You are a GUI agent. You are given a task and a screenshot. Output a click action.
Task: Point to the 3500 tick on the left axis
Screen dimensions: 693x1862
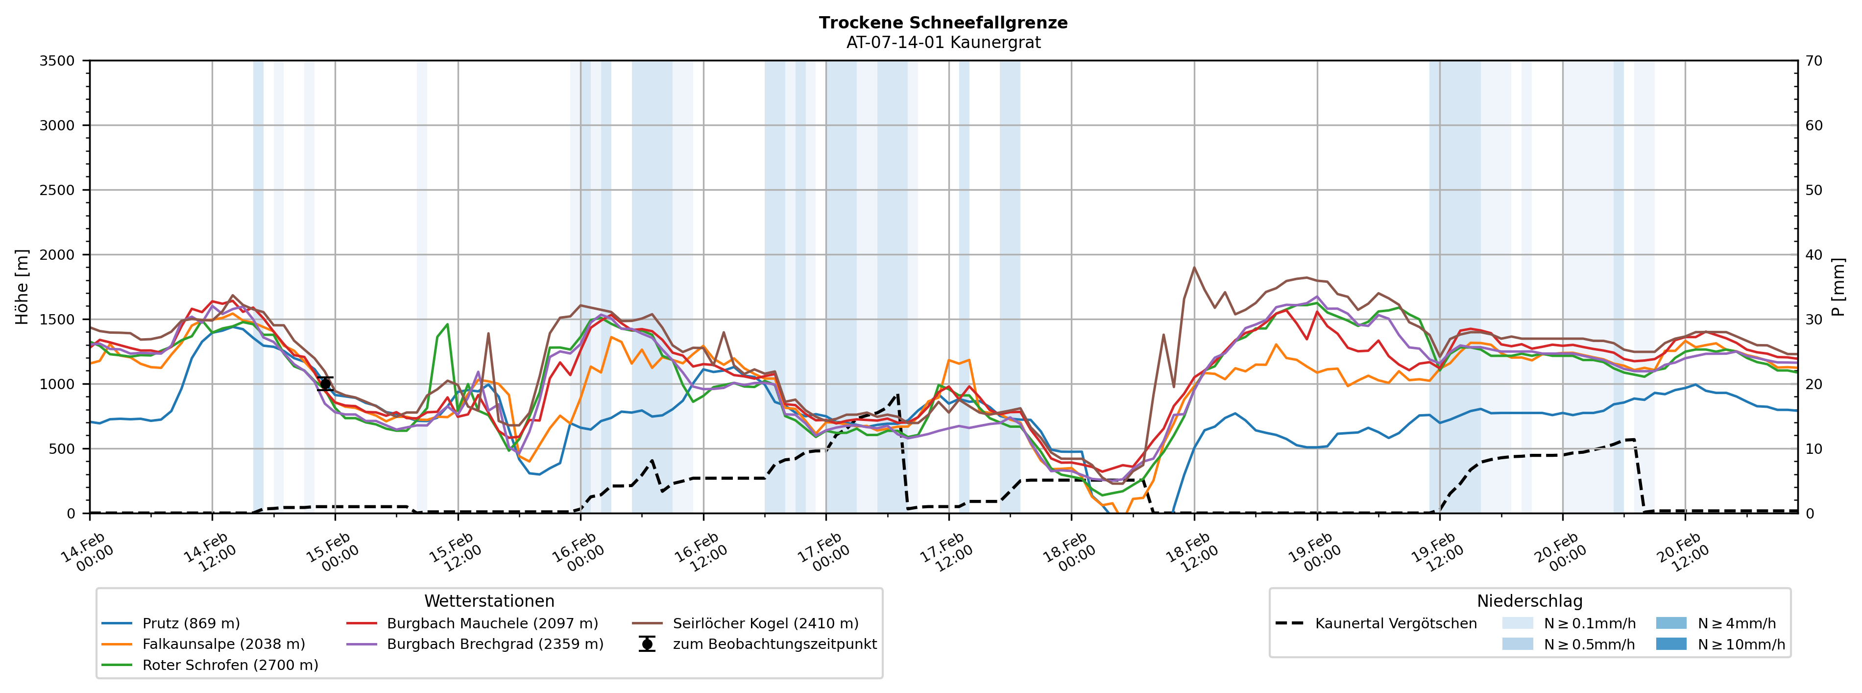click(57, 61)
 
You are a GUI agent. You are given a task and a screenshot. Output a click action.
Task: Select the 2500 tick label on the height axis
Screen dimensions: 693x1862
click(57, 190)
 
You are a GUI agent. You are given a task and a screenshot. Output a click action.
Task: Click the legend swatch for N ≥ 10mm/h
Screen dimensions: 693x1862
click(1670, 644)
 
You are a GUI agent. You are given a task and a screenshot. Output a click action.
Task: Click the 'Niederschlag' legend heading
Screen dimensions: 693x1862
click(1529, 601)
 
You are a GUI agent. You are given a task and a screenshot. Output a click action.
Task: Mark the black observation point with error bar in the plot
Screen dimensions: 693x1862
click(325, 384)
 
